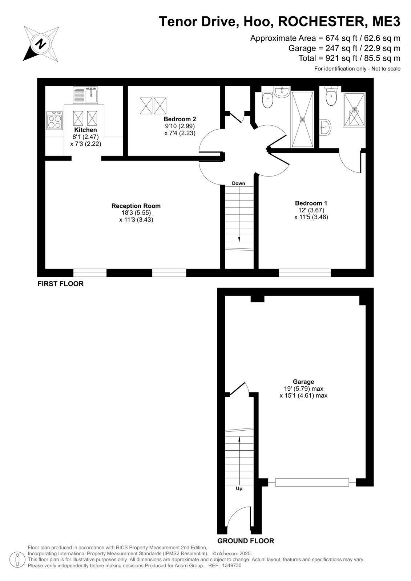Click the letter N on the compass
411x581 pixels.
tap(40, 44)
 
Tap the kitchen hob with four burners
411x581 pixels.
tap(55, 120)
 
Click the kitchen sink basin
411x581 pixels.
tap(92, 95)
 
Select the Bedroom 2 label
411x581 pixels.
tap(180, 119)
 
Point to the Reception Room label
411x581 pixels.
tap(136, 206)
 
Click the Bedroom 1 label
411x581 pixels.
tap(311, 203)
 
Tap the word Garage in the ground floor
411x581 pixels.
tap(303, 382)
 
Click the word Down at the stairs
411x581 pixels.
tap(239, 183)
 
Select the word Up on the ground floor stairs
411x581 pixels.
tap(239, 489)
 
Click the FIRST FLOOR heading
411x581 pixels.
tap(61, 284)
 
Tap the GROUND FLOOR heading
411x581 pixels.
tap(246, 541)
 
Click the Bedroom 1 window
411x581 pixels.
tap(305, 273)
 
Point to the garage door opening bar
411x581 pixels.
tap(312, 483)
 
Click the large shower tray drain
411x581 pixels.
tap(302, 119)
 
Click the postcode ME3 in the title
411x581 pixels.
tap(386, 21)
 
